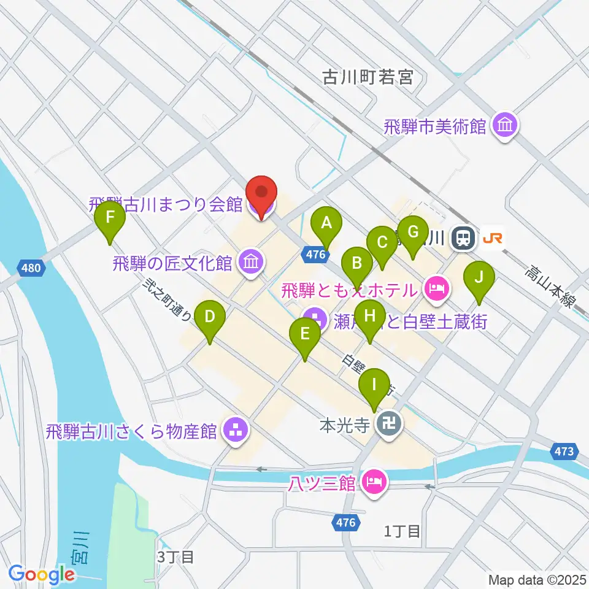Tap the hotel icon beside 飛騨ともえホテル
click(x=436, y=287)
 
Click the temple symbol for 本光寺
click(x=388, y=424)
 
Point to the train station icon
click(x=462, y=238)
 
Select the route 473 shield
click(x=564, y=452)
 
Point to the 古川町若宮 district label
click(x=368, y=78)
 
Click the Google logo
click(x=41, y=574)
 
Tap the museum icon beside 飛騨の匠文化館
click(x=252, y=263)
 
